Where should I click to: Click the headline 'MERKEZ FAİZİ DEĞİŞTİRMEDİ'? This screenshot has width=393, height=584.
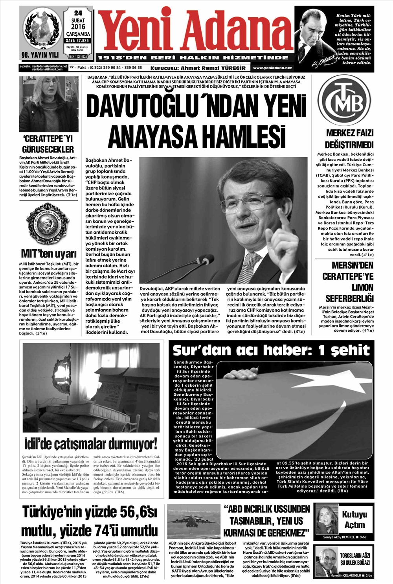coord(349,138)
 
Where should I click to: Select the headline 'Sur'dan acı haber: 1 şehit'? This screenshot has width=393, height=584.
coord(271,350)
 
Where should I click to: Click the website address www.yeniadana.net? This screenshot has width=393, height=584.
coord(273,68)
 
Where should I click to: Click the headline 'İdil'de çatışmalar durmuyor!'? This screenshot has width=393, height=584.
coord(90,444)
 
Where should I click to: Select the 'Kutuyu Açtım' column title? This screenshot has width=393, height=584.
coord(354,519)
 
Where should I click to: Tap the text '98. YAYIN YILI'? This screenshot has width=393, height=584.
coord(40,55)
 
